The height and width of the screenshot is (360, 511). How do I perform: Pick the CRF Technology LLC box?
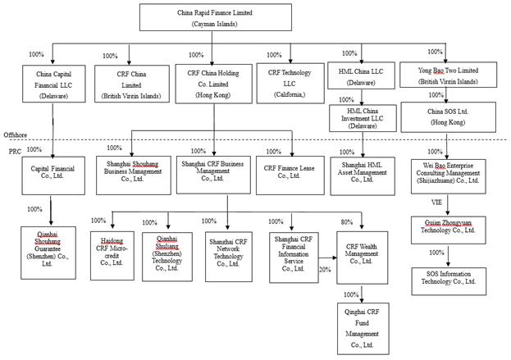pyautogui.click(x=291, y=87)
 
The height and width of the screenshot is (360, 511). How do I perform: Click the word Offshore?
pyautogui.click(x=16, y=134)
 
